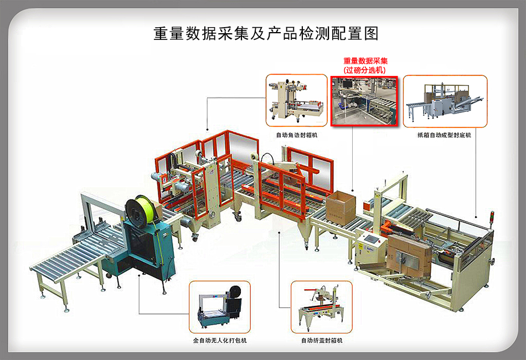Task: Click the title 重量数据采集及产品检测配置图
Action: pos(266,34)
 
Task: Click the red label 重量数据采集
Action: pos(365,61)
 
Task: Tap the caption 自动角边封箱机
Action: pos(297,135)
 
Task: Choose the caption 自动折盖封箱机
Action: pos(322,340)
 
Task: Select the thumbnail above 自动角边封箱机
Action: pos(297,101)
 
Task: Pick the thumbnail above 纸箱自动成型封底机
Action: pos(445,101)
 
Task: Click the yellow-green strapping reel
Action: pos(137,209)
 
